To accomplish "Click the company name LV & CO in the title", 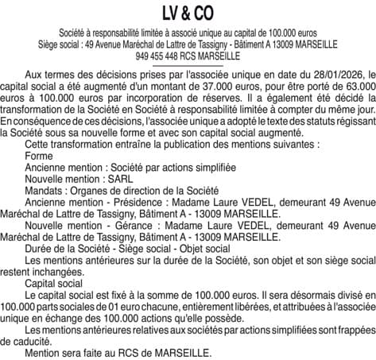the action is (188, 15).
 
